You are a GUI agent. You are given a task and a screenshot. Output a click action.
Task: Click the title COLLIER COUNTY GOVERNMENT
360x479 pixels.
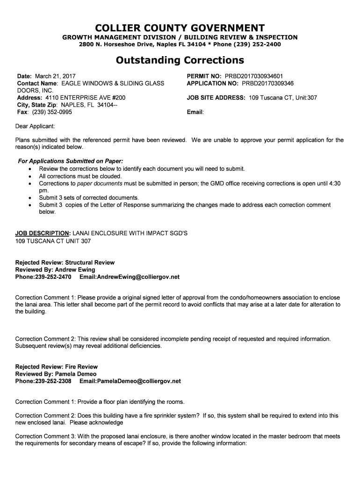pyautogui.click(x=180, y=28)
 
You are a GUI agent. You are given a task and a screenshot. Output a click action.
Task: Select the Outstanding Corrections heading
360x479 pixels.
pyautogui.click(x=180, y=60)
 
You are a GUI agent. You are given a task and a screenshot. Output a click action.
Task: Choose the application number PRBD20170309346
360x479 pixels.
pyautogui.click(x=267, y=83)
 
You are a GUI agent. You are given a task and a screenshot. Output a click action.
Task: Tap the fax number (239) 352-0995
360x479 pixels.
pyautogui.click(x=52, y=112)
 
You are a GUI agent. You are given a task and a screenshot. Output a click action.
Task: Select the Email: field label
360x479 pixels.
pyautogui.click(x=195, y=112)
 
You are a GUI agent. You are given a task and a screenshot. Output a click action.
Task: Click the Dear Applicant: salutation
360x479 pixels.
pyautogui.click(x=35, y=126)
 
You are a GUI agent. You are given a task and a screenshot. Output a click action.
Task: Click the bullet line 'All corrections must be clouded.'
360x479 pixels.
pyautogui.click(x=80, y=176)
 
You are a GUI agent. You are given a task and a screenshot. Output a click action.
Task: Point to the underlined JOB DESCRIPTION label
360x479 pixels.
pyautogui.click(x=43, y=233)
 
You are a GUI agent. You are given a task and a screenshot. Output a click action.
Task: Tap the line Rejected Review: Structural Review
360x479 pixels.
pyautogui.click(x=65, y=262)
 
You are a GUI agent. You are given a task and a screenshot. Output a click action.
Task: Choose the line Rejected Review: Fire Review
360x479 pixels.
pyautogui.click(x=57, y=367)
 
